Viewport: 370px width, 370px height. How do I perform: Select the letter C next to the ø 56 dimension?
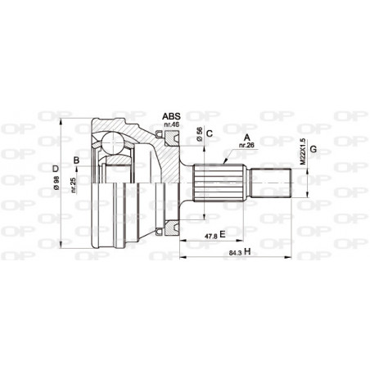tap(210, 133)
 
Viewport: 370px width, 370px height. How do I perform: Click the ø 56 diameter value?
tap(199, 133)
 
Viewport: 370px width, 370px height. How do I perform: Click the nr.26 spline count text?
tap(246, 146)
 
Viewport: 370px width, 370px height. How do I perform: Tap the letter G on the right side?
tap(313, 148)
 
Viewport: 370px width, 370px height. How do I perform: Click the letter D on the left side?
tap(56, 169)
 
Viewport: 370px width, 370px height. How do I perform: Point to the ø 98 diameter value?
tap(56, 184)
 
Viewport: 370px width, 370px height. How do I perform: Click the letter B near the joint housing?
tap(75, 160)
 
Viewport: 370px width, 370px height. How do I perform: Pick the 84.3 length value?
tap(236, 250)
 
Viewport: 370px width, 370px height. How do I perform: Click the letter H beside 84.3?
tap(247, 250)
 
